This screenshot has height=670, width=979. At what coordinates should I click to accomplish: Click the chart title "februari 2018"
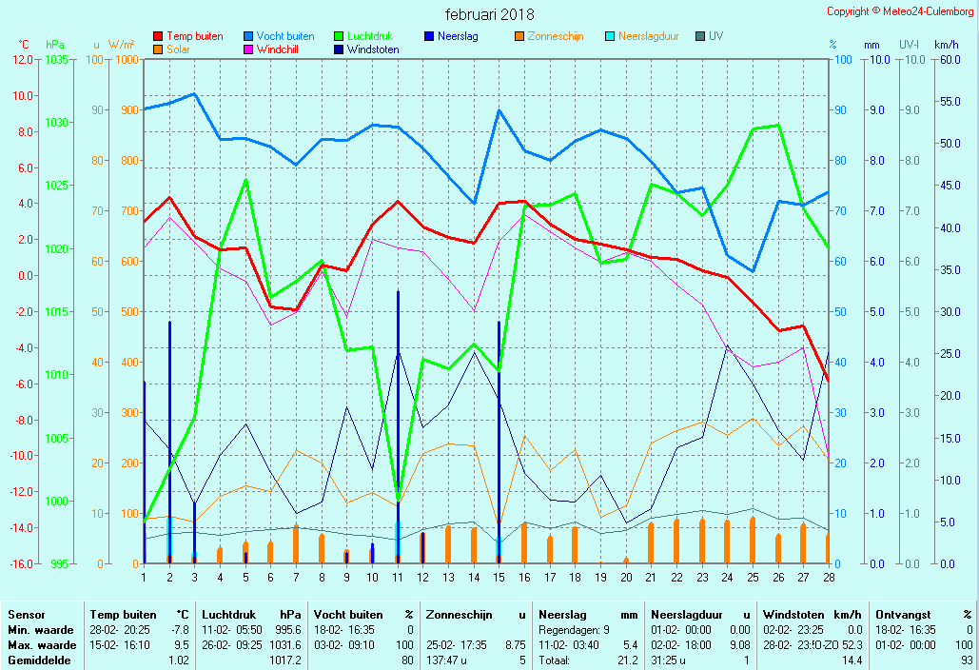(489, 14)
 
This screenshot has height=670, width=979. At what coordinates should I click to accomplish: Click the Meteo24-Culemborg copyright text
(900, 11)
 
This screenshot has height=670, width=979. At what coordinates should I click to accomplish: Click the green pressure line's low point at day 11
(398, 498)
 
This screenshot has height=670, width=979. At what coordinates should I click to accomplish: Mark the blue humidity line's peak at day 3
(194, 94)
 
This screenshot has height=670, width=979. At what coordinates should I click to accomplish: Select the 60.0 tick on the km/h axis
(946, 59)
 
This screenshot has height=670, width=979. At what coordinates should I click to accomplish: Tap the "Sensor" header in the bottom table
(26, 615)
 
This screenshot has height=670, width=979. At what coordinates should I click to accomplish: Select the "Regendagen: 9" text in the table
(575, 630)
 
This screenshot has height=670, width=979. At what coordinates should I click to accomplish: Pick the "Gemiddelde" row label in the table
(40, 660)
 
